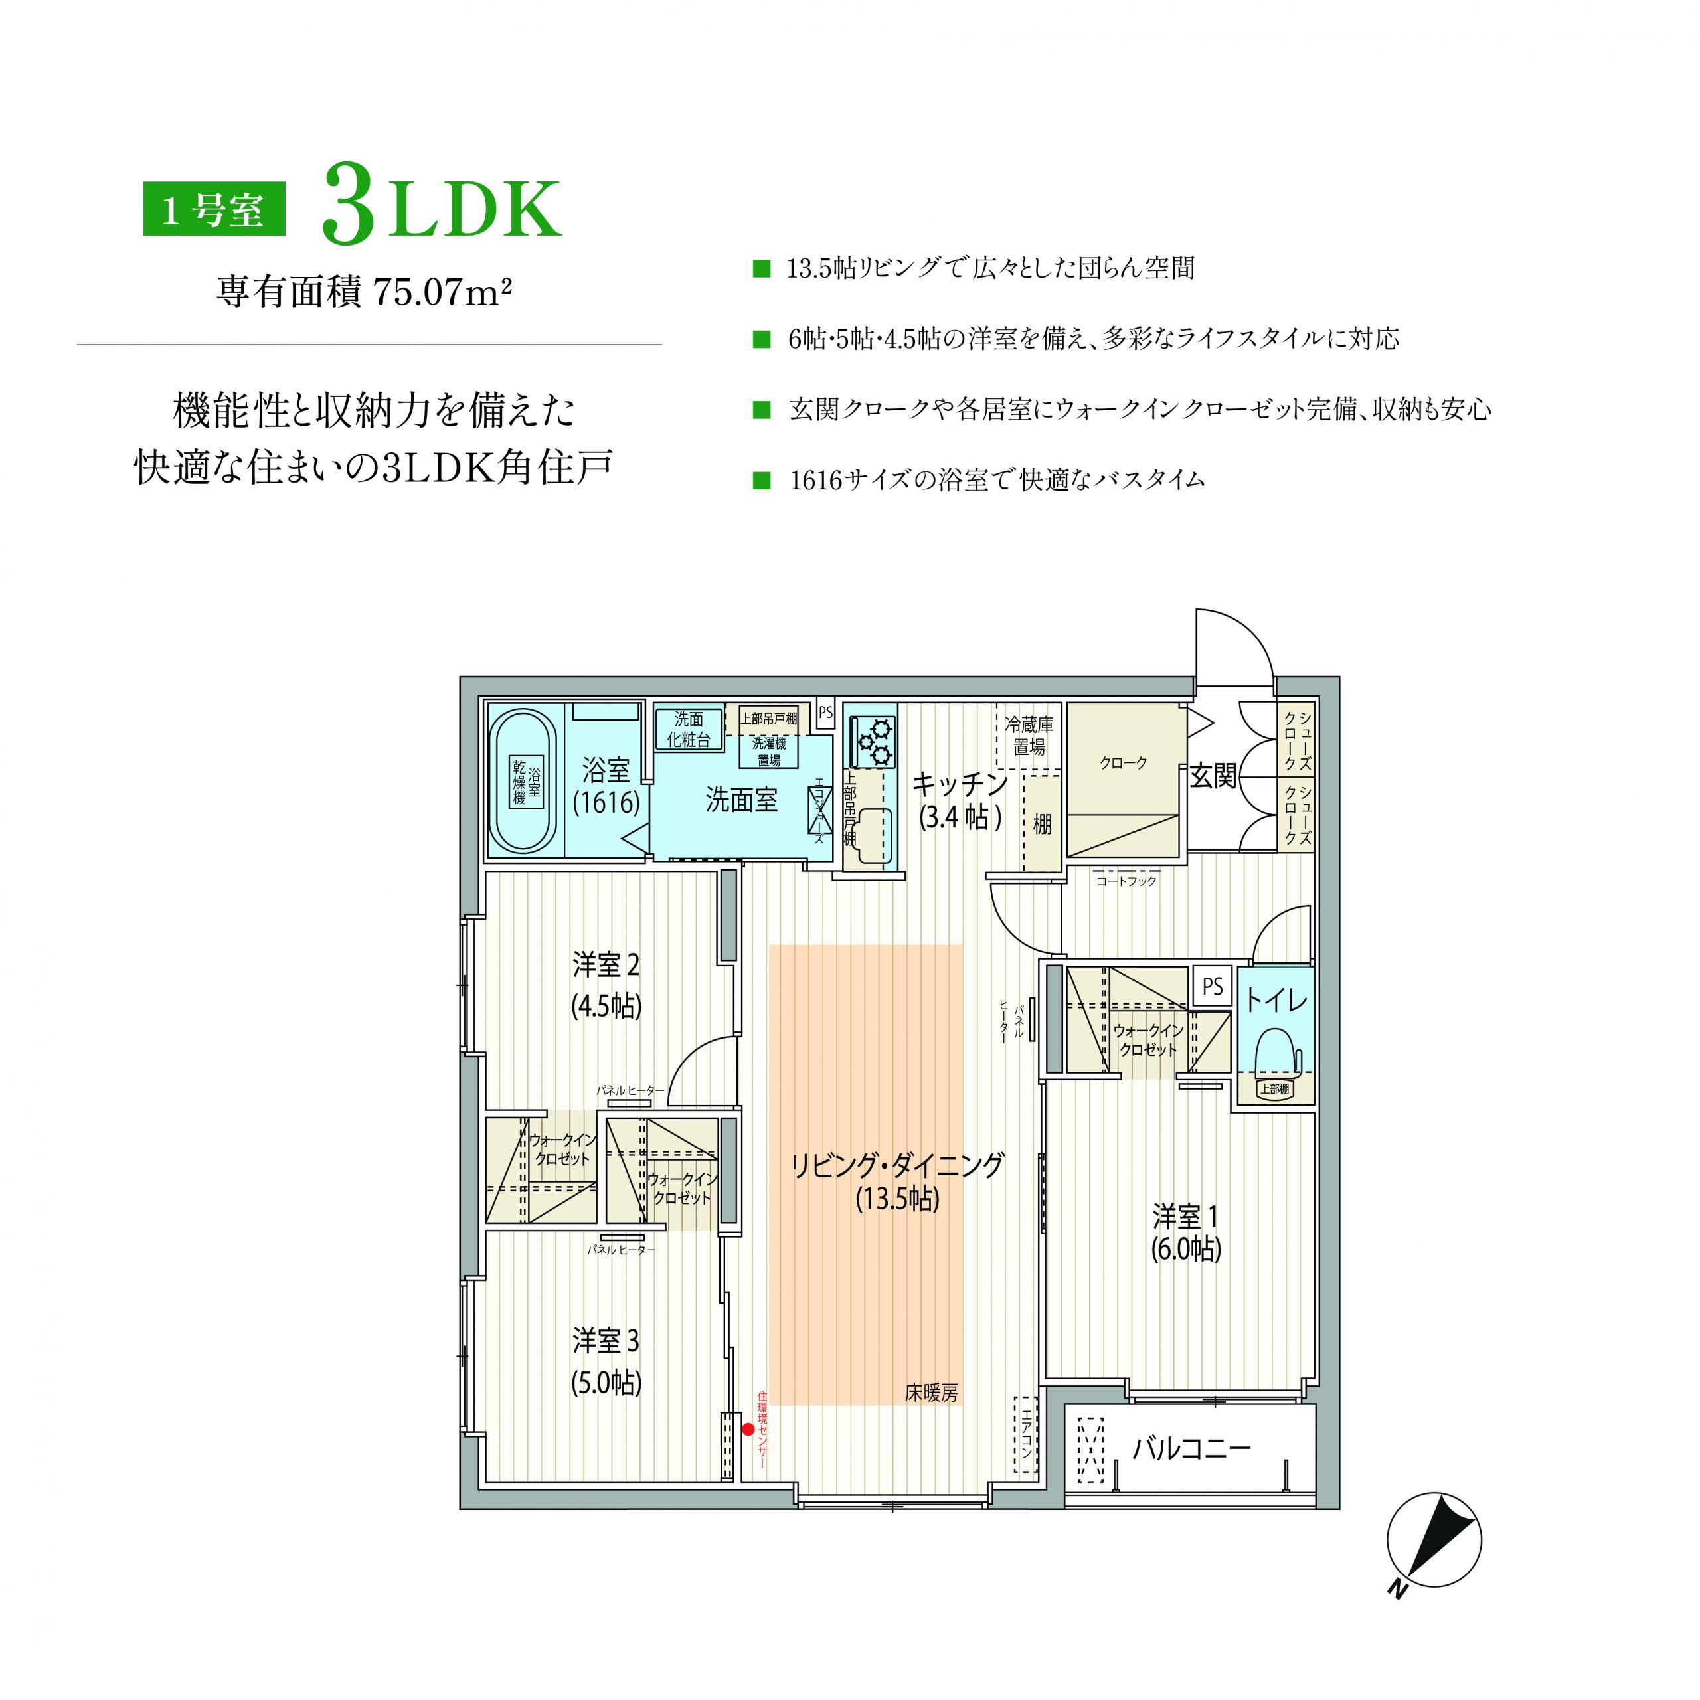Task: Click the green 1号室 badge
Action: coord(214,209)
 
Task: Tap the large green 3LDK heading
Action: coord(441,204)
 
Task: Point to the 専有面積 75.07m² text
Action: coord(365,292)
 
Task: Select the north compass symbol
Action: coord(1434,1541)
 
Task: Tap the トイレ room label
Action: coord(1276,1001)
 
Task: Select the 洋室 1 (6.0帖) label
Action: coord(1186,1232)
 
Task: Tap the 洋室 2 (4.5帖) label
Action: coord(606,985)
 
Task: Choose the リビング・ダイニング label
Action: coord(896,1165)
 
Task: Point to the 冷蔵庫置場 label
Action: coord(1029,736)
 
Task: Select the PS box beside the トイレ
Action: coord(1213,986)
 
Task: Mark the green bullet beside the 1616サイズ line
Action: coord(762,480)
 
